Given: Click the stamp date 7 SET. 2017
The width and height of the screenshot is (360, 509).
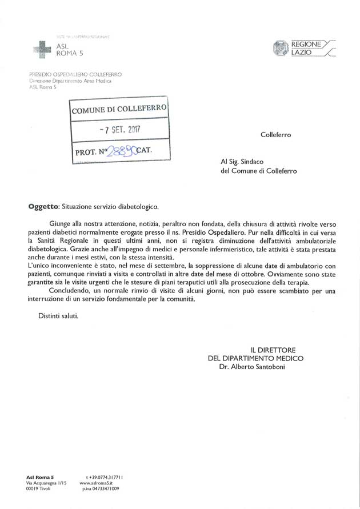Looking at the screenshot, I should (119, 129).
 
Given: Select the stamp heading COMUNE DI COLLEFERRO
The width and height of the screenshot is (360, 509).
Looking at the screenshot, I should (119, 109).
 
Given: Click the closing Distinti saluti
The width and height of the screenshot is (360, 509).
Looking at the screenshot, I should (58, 315).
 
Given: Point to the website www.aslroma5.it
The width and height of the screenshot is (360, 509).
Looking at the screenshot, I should (103, 483).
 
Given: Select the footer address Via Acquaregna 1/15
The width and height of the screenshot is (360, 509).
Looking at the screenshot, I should (47, 483).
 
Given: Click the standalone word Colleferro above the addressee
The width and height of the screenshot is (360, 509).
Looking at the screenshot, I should (275, 135).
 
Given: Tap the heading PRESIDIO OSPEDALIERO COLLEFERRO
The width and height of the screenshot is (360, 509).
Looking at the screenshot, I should (75, 74).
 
